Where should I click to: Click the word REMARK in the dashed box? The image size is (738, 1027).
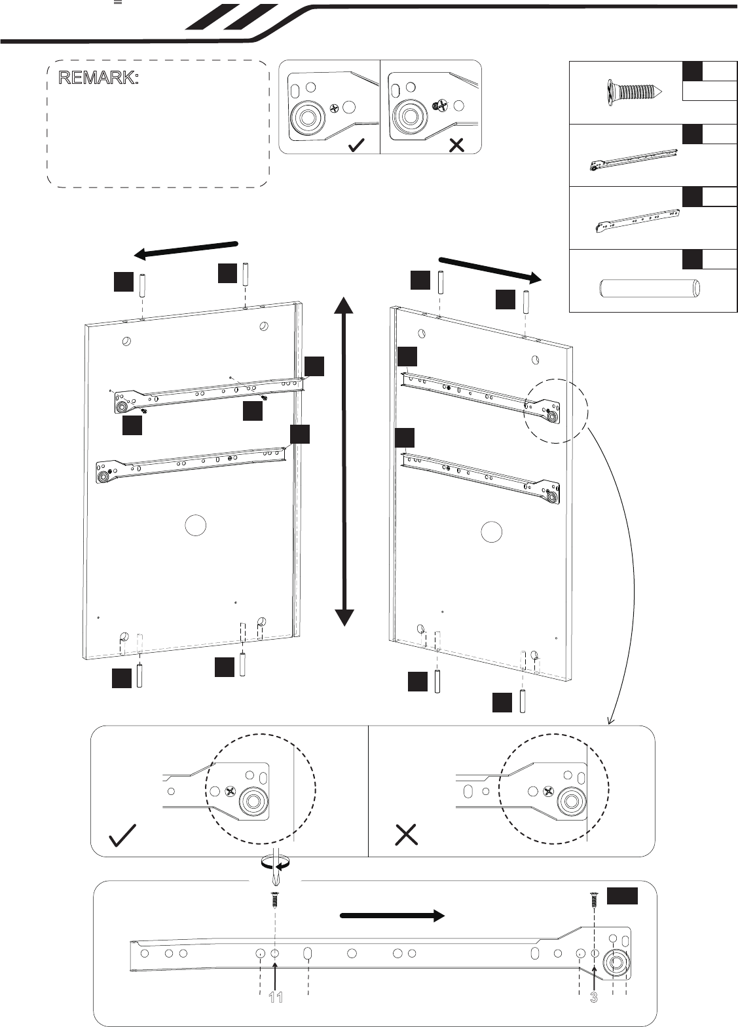tap(98, 78)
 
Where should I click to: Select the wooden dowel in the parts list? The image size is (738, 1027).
tap(650, 289)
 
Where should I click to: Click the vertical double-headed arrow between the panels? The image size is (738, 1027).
tap(344, 461)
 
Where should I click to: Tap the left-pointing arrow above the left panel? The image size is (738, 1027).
tap(185, 250)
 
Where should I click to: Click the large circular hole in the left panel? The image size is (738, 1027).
tap(196, 526)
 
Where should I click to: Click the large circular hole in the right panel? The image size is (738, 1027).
tap(492, 532)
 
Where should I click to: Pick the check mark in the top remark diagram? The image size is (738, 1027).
tap(356, 145)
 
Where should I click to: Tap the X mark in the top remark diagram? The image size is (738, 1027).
tap(456, 145)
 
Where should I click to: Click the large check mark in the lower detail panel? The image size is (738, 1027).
tap(122, 836)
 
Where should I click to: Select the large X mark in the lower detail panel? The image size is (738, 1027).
tap(406, 834)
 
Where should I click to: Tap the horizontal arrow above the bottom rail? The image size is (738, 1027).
tap(392, 916)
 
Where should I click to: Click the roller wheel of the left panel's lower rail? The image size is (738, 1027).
tap(102, 477)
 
